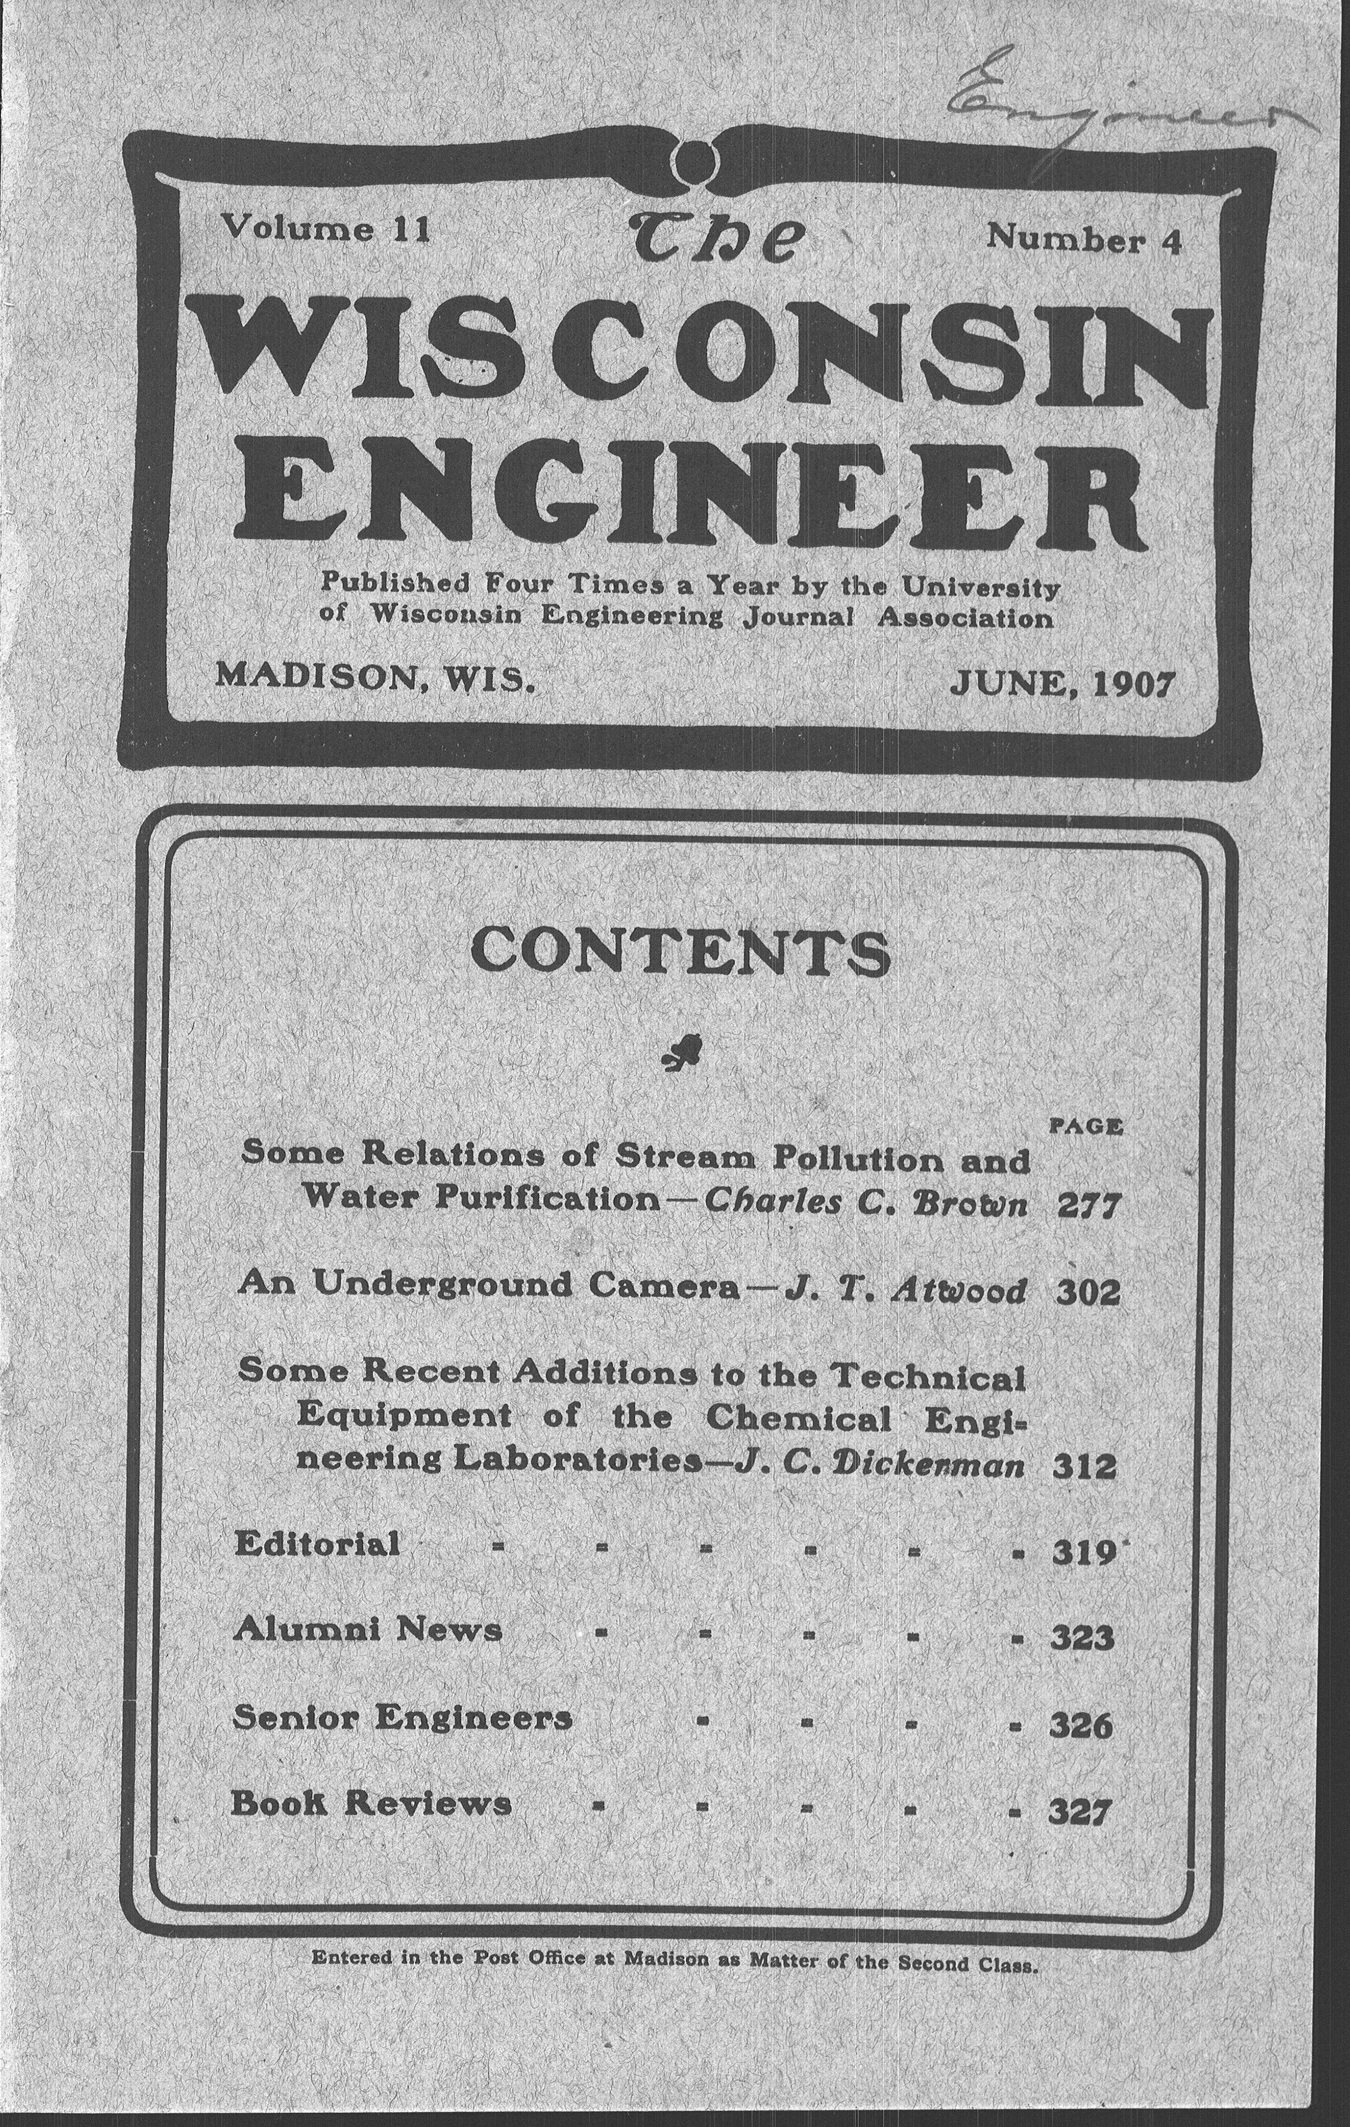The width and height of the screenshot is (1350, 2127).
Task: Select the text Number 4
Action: (1083, 239)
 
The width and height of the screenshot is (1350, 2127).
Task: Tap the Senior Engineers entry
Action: (402, 1718)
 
